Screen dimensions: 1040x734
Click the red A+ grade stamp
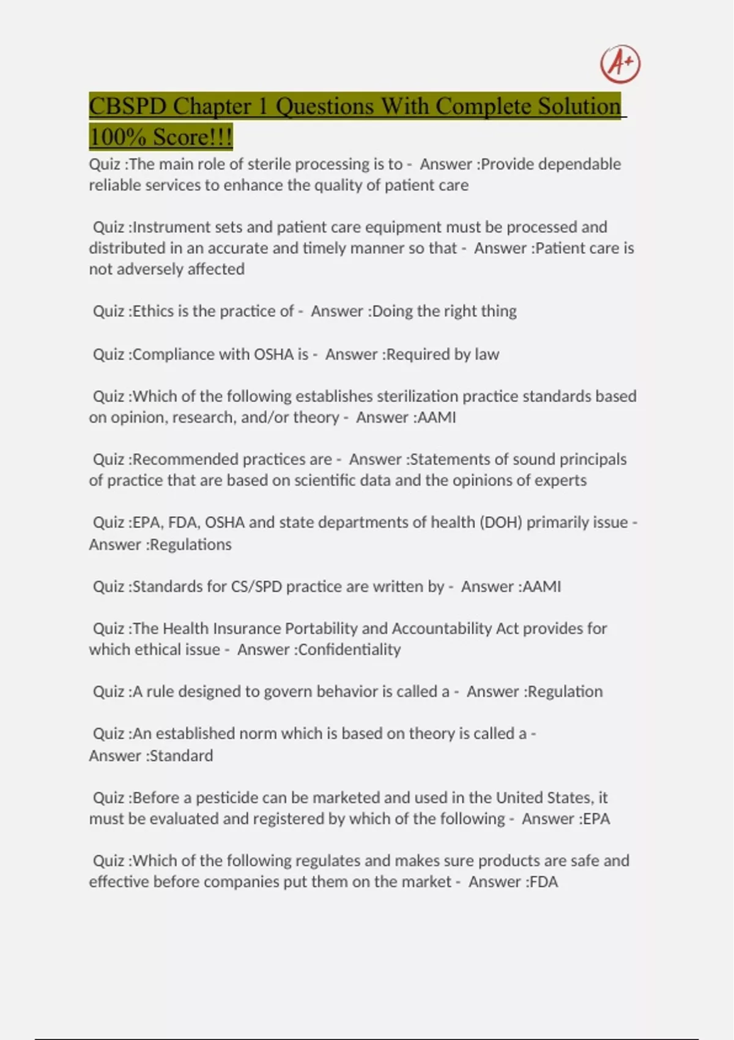click(620, 64)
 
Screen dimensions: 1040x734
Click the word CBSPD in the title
click(127, 106)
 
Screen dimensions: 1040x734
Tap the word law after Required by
click(487, 354)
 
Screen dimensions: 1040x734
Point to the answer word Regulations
click(190, 544)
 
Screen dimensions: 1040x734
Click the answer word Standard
click(181, 756)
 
